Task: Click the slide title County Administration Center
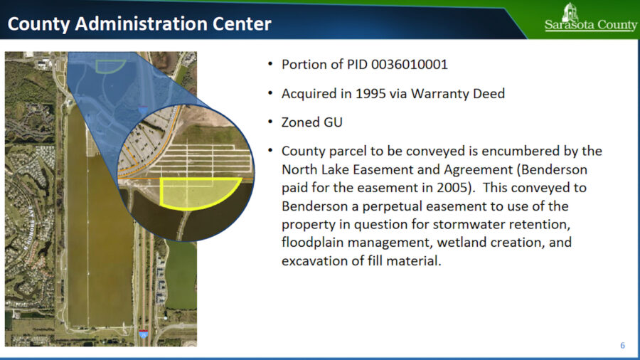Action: pyautogui.click(x=139, y=24)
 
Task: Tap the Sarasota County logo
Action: pyautogui.click(x=591, y=18)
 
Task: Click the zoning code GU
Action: pyautogui.click(x=332, y=122)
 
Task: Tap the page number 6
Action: pyautogui.click(x=622, y=346)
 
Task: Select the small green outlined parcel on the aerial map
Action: pyautogui.click(x=110, y=65)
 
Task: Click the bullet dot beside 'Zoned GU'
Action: pyautogui.click(x=270, y=122)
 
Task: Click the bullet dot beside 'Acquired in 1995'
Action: pyautogui.click(x=270, y=94)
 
